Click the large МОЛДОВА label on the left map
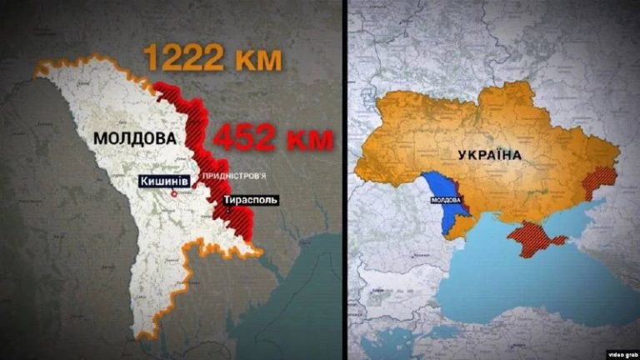pos(137,138)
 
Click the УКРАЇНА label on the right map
pos(490,155)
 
